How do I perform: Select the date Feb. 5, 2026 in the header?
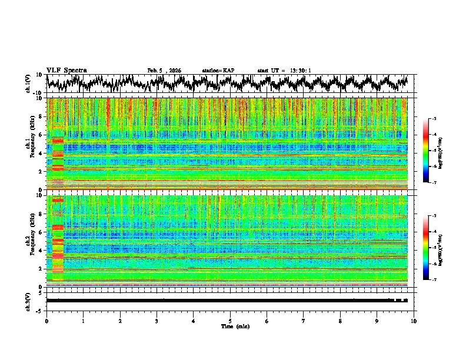[x=164, y=71]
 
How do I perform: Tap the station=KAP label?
[x=218, y=71]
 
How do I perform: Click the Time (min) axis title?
[x=230, y=326]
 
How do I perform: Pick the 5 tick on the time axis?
[x=230, y=321]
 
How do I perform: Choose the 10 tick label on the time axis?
[x=414, y=321]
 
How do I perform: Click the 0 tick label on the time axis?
[x=46, y=321]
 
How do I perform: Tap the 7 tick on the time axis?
[x=304, y=321]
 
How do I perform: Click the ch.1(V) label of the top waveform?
[x=28, y=84]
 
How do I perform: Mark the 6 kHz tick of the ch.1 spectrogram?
[x=42, y=135]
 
